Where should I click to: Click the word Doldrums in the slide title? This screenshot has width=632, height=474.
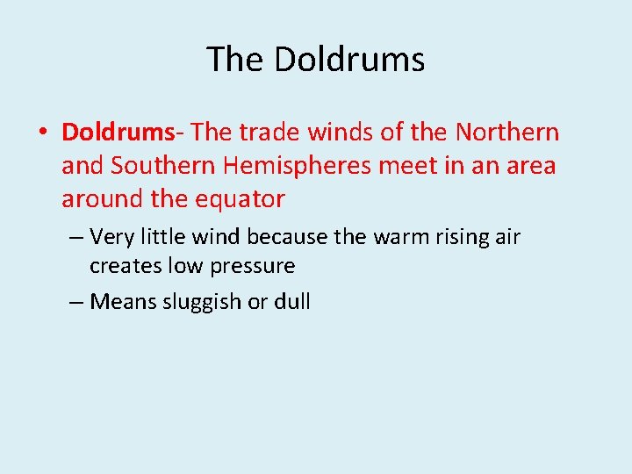[349, 60]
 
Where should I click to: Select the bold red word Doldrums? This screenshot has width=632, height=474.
[118, 133]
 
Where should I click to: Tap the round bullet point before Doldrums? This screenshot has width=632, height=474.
[41, 133]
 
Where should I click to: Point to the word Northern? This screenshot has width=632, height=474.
[508, 133]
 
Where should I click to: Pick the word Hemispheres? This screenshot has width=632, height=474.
[303, 166]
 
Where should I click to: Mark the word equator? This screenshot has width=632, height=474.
[238, 199]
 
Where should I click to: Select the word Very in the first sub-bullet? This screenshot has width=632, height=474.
[111, 237]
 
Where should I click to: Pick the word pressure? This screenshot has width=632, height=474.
[255, 266]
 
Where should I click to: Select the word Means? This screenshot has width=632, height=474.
[120, 302]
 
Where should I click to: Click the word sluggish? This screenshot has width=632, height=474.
[198, 303]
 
